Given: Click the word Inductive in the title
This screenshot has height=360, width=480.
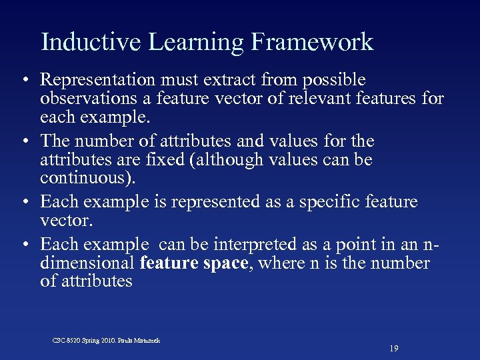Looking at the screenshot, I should pos(91,42).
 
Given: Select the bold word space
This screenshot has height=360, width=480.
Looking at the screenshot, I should pos(225,263).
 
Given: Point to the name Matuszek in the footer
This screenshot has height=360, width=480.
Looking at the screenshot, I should pos(146,340).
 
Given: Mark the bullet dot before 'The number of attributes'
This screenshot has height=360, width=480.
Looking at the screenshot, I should pos(24,142).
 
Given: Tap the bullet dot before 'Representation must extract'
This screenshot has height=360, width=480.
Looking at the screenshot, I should pos(24,81).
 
